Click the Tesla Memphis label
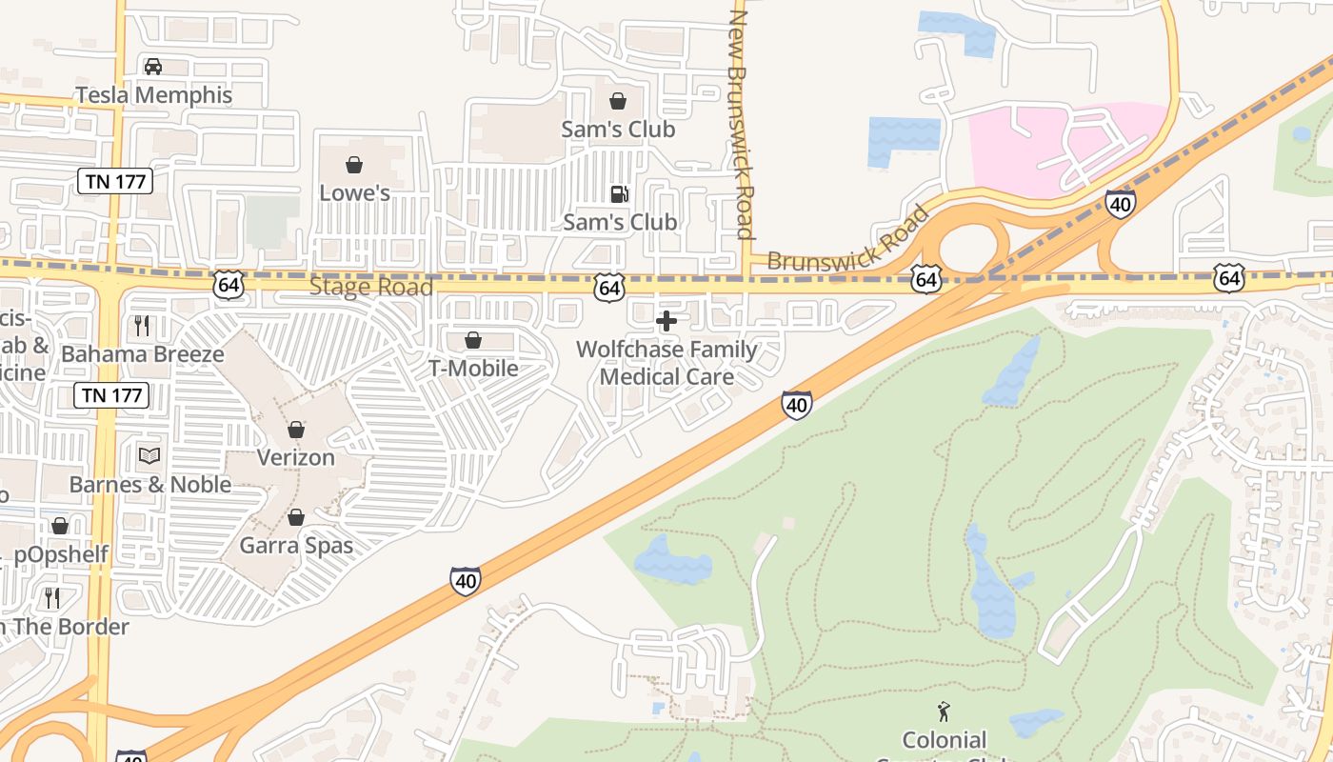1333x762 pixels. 153,95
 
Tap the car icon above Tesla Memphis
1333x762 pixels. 152,67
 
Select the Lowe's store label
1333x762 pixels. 354,192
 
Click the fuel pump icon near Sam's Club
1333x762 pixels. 619,194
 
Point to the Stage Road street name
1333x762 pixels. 371,287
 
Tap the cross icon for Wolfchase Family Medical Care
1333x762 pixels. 666,321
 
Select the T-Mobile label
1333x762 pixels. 473,369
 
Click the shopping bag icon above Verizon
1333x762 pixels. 296,430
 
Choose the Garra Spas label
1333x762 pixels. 296,546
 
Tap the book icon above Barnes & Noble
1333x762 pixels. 149,455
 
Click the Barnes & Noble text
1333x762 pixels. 149,484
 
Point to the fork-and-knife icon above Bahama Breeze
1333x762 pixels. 142,326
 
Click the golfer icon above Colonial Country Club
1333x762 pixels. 944,711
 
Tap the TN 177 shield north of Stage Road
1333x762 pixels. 115,181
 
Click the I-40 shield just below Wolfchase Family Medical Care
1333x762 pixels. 797,405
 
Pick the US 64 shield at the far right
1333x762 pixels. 1229,278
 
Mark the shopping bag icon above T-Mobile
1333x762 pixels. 473,340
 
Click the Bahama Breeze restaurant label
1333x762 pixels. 143,354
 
